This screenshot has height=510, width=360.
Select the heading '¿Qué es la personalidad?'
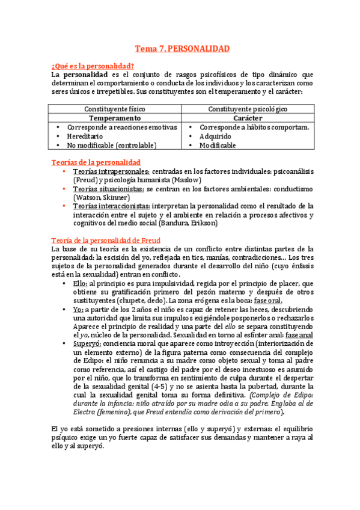click(93, 66)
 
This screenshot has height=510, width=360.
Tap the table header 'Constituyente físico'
click(115, 109)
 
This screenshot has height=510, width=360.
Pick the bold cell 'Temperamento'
click(115, 118)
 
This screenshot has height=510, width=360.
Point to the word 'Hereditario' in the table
click(85, 137)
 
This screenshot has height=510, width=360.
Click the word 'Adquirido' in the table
click(217, 137)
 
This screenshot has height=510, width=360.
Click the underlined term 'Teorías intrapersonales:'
click(112, 171)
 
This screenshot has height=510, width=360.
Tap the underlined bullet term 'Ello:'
click(80, 283)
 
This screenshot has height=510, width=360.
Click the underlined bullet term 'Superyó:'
click(86, 343)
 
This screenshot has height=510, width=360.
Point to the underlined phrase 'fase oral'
click(267, 301)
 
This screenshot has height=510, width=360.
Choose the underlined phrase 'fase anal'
click(299, 335)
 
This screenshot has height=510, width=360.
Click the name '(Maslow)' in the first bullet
click(186, 180)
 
